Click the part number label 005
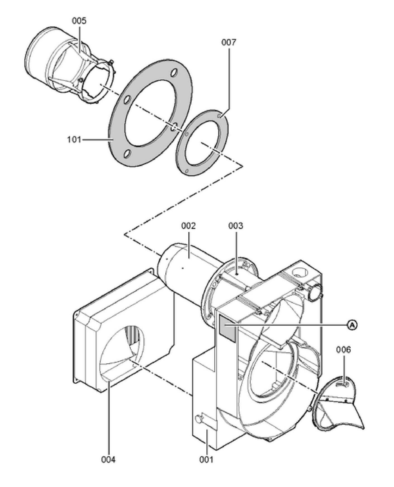[x=79, y=21]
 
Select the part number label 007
[x=229, y=42]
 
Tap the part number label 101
[x=74, y=139]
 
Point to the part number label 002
[x=188, y=226]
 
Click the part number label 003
[x=236, y=226]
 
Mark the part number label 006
[x=343, y=350]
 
